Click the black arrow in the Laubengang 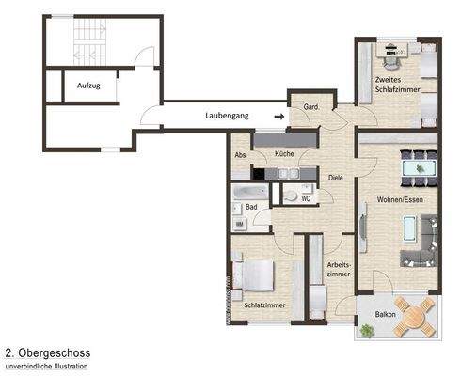[278, 116]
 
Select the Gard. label [311, 107]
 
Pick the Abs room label [241, 154]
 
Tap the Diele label [335, 177]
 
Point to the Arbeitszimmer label [339, 269]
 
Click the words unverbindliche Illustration [47, 366]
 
